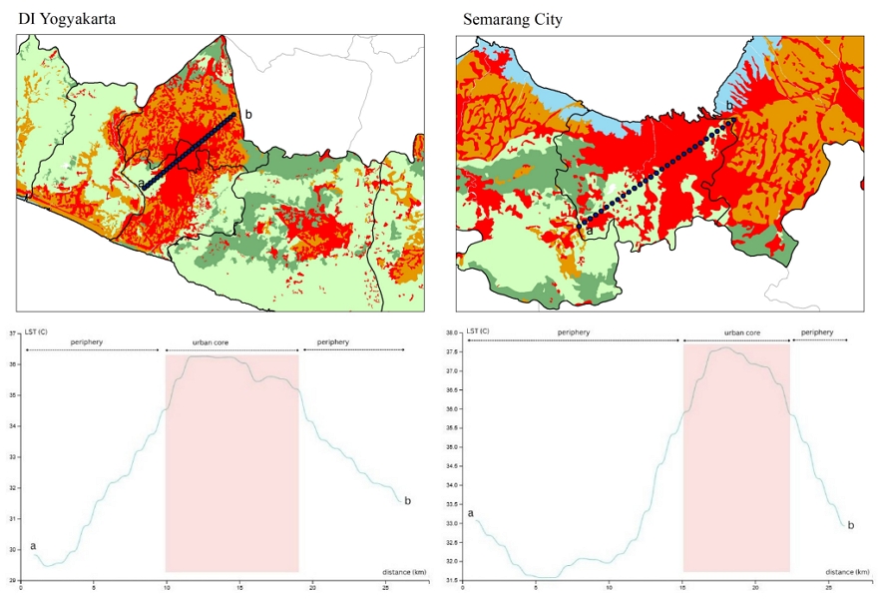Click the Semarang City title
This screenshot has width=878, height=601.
[512, 19]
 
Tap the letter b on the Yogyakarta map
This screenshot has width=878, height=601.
[248, 115]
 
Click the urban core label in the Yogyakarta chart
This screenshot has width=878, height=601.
[231, 342]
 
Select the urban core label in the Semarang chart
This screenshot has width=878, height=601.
[741, 332]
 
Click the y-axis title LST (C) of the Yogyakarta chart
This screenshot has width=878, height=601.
[36, 330]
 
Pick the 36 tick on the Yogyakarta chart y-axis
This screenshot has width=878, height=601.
[14, 364]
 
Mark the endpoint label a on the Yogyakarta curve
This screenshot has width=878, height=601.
[33, 545]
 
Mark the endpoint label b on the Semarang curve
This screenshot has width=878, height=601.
[850, 525]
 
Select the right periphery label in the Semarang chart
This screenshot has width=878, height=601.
[817, 332]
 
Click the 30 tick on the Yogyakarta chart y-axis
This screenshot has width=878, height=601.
[14, 549]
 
